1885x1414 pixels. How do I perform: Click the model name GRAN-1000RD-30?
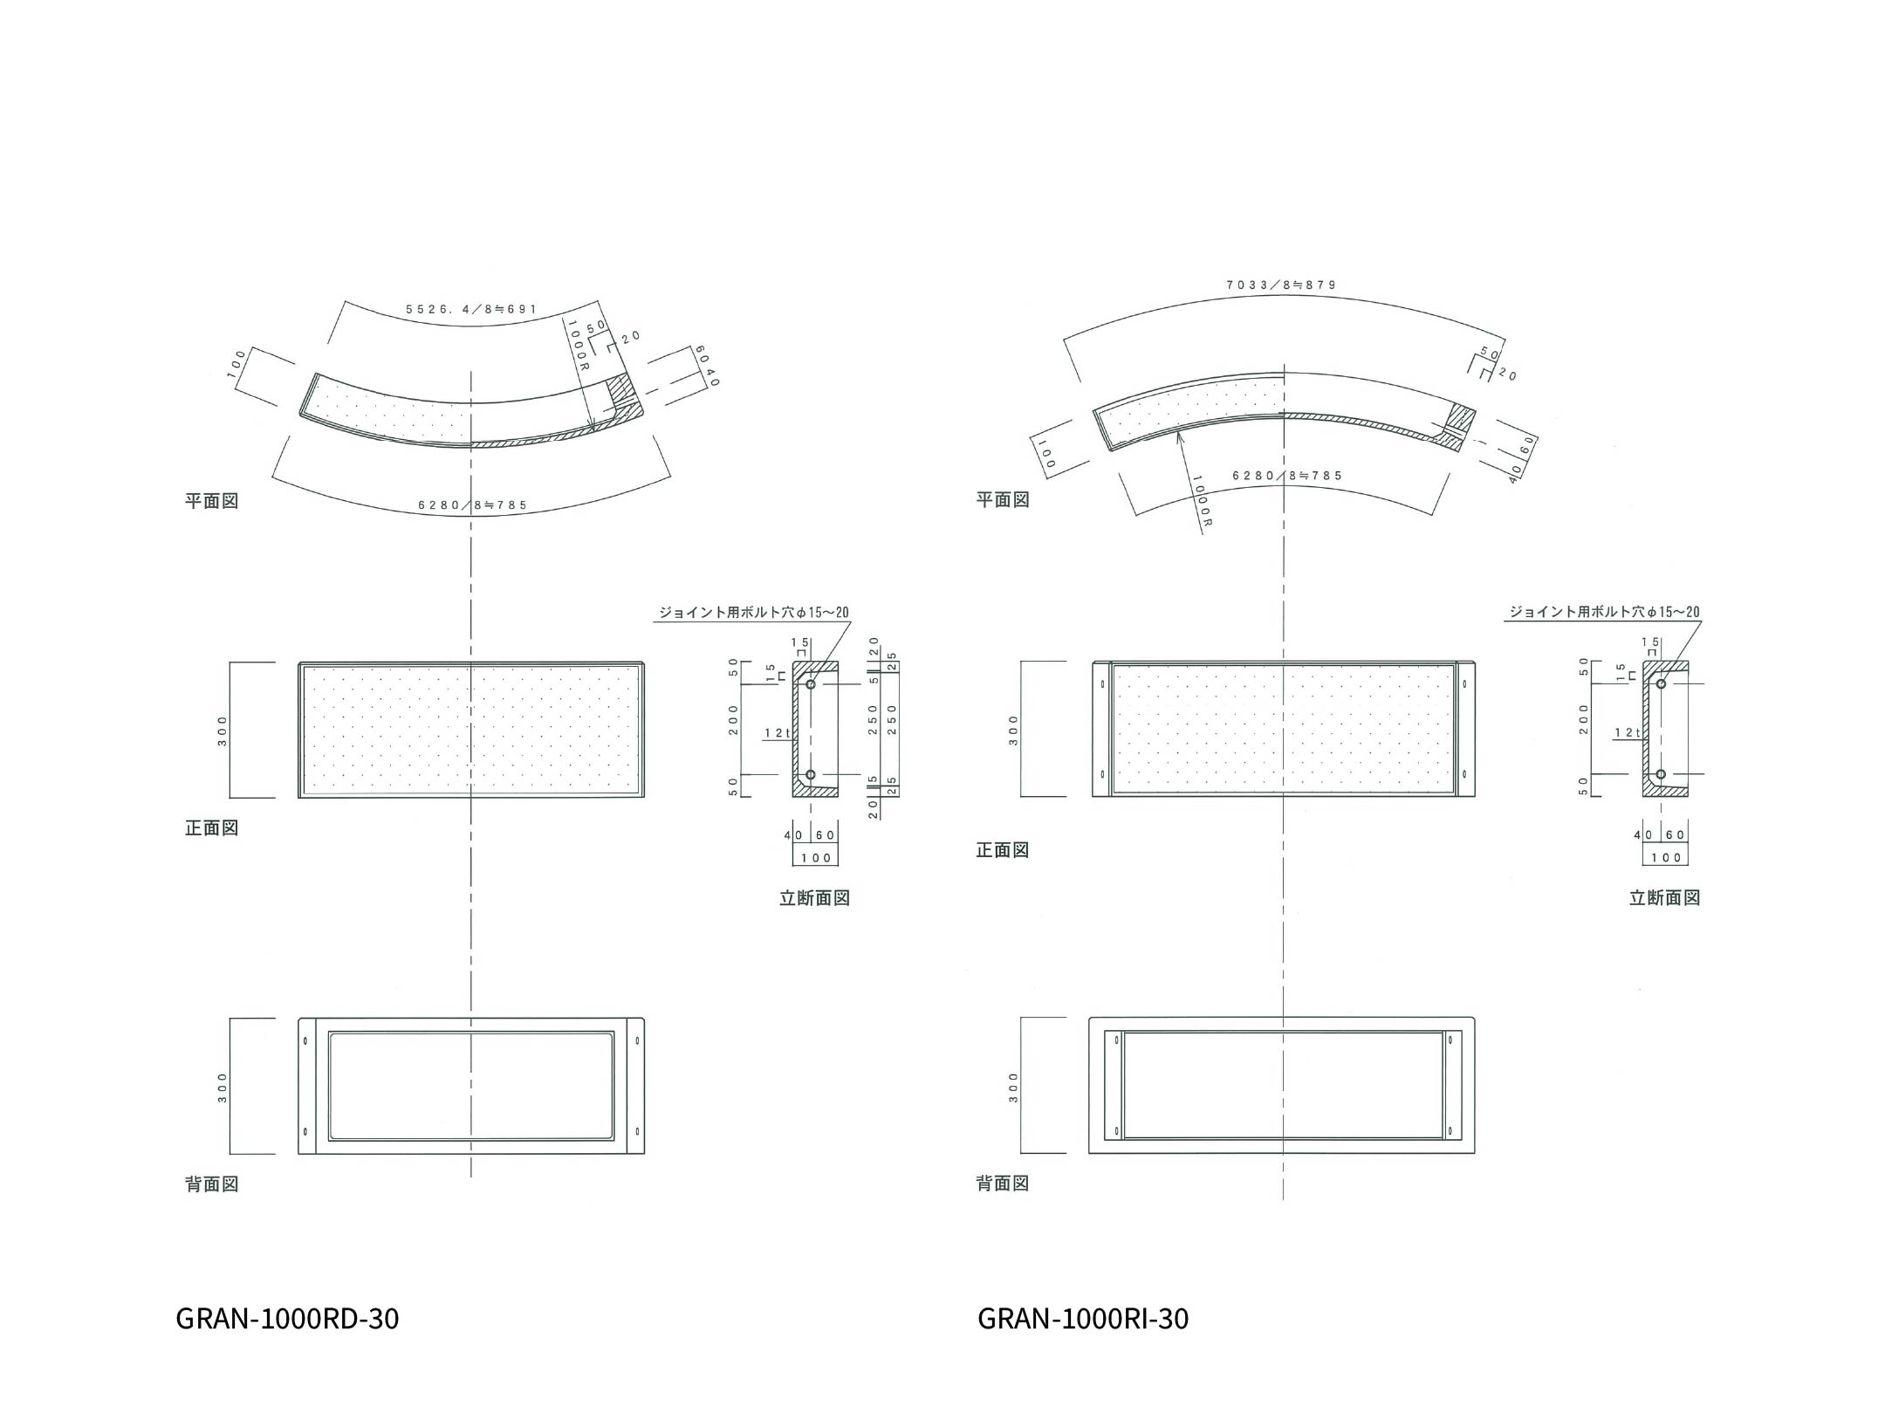(287, 1318)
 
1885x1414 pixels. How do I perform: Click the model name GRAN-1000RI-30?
(1083, 1318)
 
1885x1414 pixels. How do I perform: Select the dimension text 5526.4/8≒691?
(471, 309)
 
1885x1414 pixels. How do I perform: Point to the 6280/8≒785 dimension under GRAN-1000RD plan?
(473, 505)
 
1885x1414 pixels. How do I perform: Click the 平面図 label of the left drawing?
(211, 501)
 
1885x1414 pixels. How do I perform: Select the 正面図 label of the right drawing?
(1003, 850)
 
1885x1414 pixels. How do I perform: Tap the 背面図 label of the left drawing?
(211, 1184)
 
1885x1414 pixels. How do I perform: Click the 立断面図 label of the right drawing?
(1664, 898)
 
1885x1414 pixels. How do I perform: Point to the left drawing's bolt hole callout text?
(753, 613)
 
